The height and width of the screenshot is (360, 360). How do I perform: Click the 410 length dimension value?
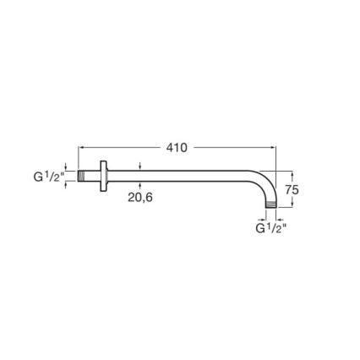(x=176, y=147)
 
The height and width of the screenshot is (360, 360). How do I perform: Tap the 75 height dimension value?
(x=292, y=190)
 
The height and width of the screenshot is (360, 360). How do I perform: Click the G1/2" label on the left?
(x=47, y=177)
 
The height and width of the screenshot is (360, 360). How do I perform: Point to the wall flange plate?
(x=103, y=176)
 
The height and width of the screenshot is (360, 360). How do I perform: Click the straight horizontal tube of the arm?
(x=177, y=176)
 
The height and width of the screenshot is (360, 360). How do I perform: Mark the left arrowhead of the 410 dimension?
(x=81, y=147)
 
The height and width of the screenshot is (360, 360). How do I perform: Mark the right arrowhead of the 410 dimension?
(x=273, y=147)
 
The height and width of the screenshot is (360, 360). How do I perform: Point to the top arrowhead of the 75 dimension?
(x=292, y=174)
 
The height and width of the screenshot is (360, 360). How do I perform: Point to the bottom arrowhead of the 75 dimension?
(x=292, y=206)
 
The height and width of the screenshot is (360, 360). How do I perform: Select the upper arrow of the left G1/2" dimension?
(x=66, y=167)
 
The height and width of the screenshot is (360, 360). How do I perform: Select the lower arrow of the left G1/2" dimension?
(x=66, y=184)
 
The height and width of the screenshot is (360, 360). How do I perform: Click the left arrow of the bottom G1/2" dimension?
(x=264, y=218)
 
